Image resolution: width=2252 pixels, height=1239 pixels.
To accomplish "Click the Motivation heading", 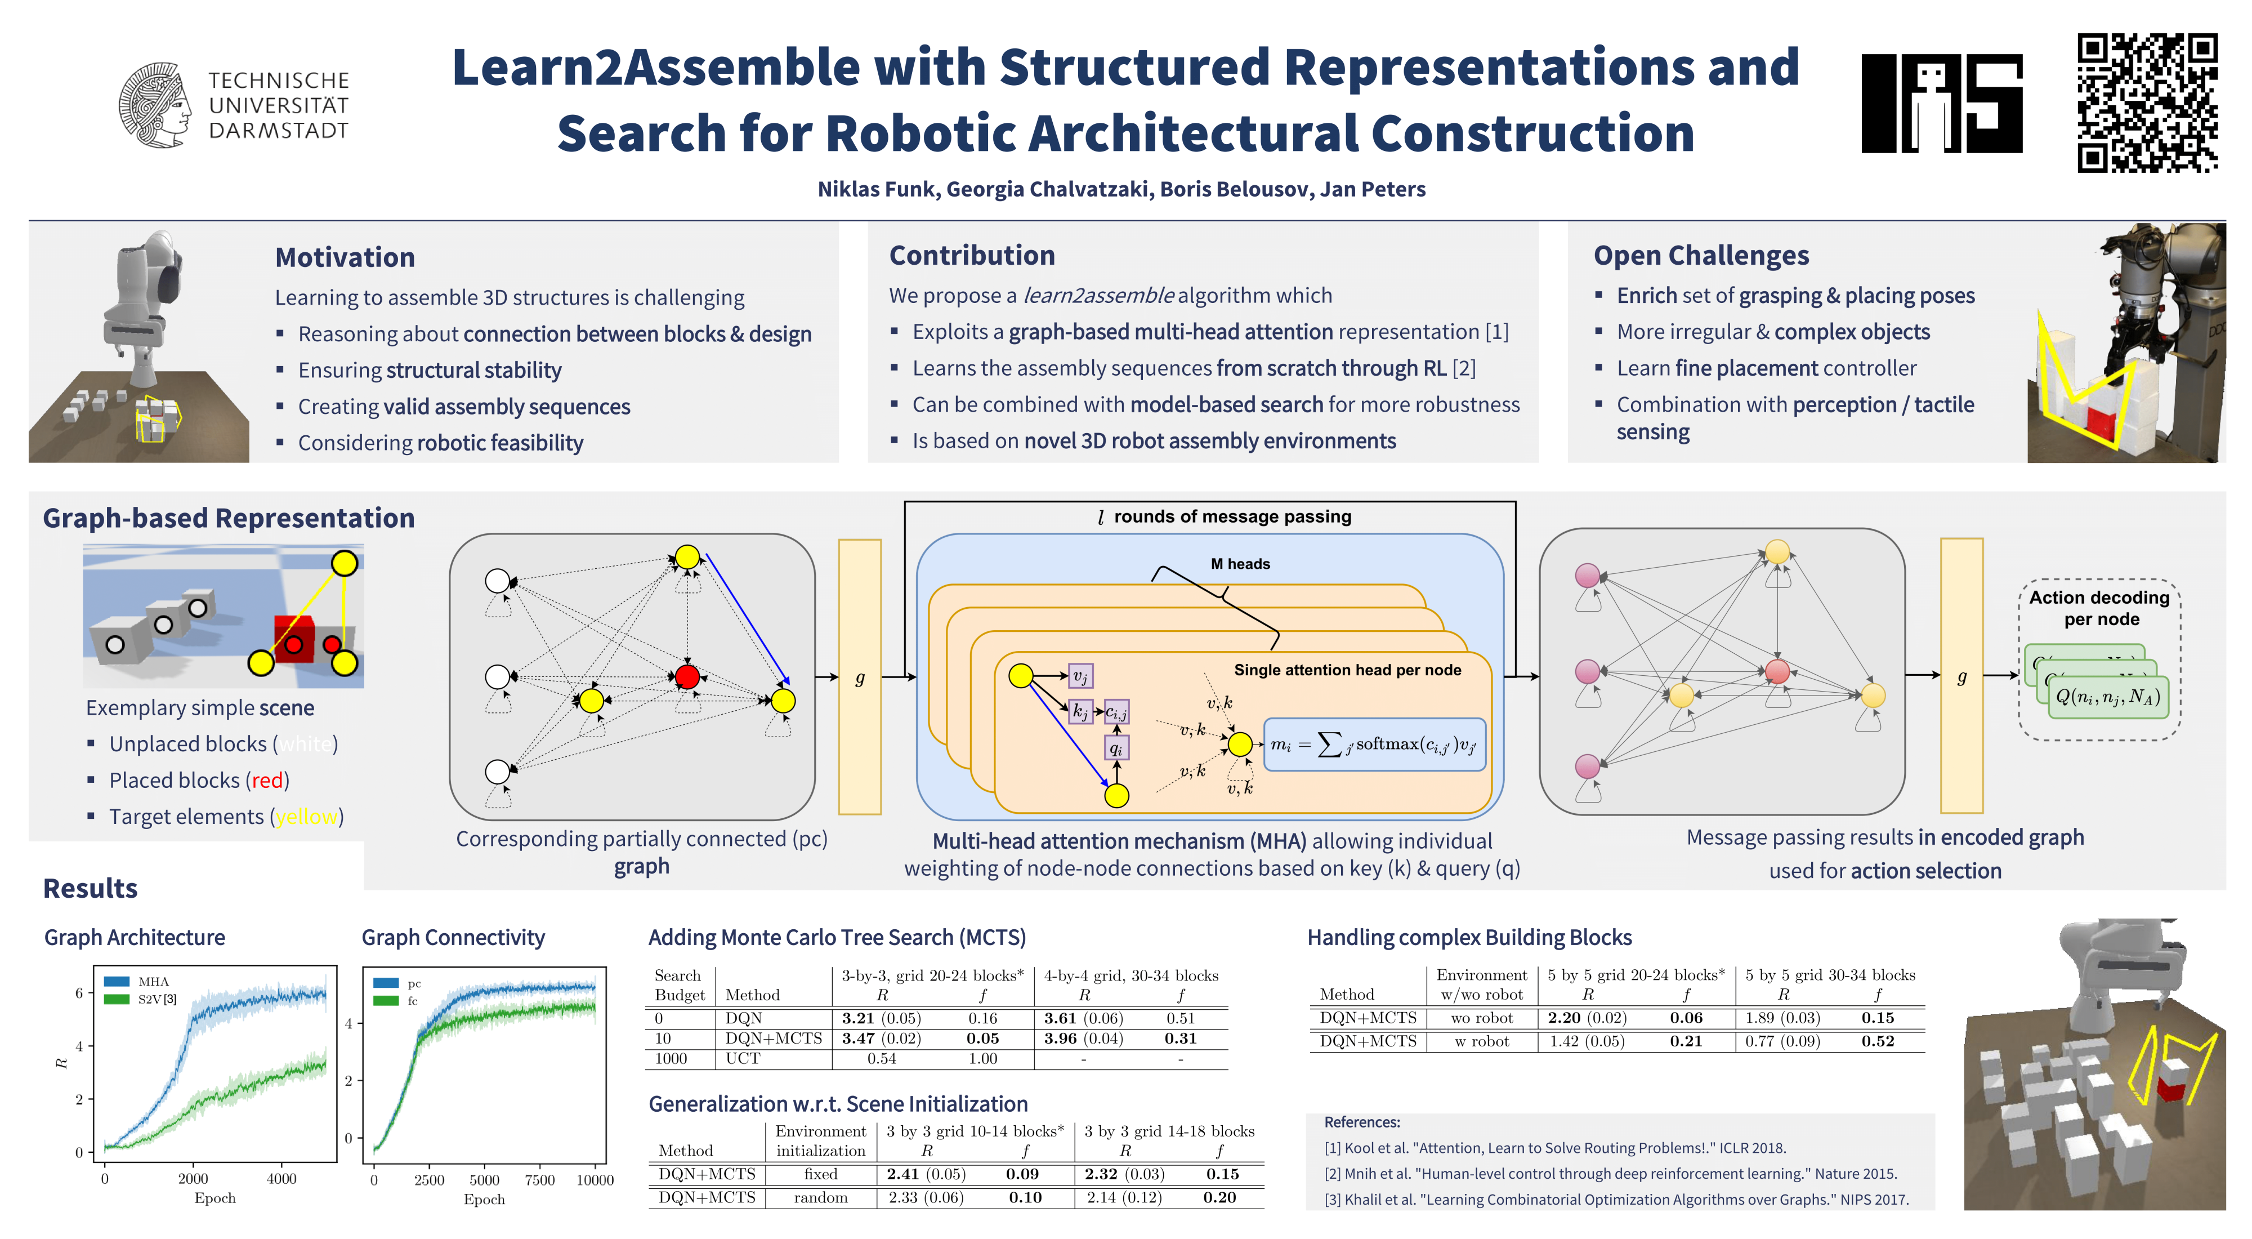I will (345, 258).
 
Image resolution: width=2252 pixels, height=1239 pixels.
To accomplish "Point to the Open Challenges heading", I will (1700, 255).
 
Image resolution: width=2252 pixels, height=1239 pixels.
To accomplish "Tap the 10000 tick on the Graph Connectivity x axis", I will (595, 1180).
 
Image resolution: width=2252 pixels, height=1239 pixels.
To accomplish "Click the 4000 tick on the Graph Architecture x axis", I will (281, 1179).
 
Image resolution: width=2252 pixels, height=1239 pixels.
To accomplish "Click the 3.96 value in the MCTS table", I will (1060, 1039).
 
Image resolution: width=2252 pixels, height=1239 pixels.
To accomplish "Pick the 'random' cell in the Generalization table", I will (820, 1198).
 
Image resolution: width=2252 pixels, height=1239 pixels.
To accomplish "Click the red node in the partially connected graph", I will (687, 676).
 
